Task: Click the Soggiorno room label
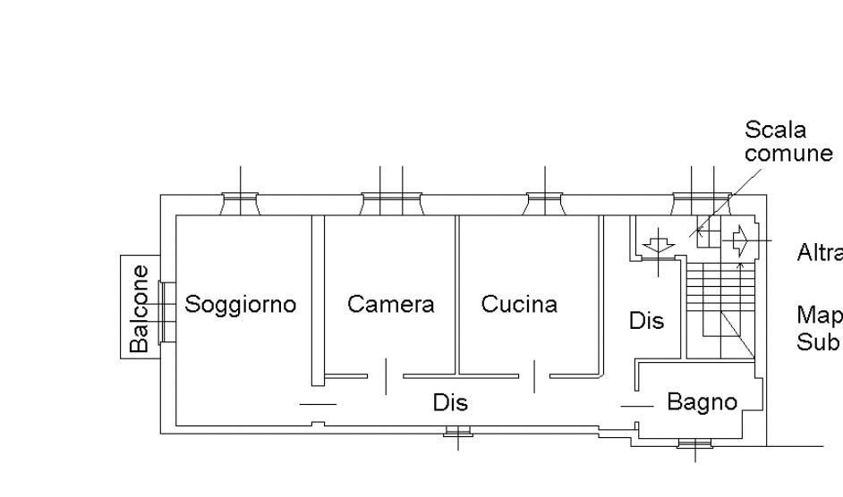pos(240,304)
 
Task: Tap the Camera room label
pos(390,304)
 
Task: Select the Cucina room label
pos(519,304)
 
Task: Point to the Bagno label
pos(702,402)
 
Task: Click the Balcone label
pos(140,307)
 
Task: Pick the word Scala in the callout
pos(775,131)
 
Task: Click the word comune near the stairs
pos(788,153)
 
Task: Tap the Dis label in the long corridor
pos(450,402)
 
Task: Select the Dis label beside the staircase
pos(646,320)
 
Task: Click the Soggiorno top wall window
pos(240,205)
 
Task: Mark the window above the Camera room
pos(391,205)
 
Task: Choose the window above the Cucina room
pos(544,205)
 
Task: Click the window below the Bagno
pos(695,442)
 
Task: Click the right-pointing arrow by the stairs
pos(741,240)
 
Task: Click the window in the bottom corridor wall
pos(457,433)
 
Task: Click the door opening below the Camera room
pos(385,376)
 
